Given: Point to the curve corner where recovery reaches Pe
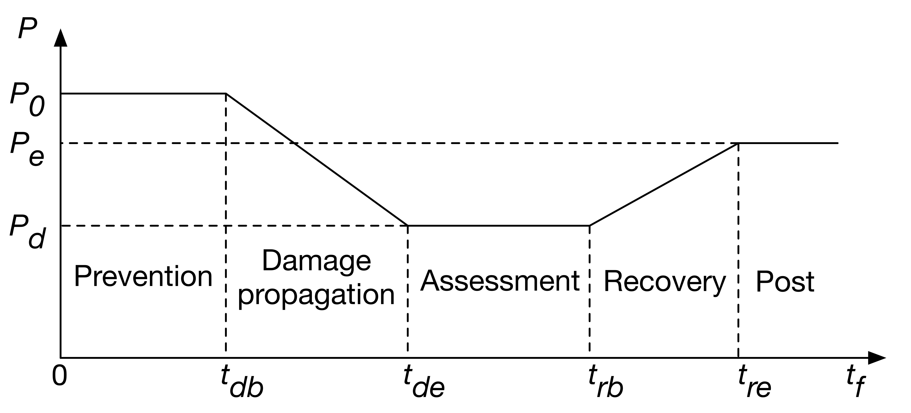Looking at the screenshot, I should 738,143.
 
